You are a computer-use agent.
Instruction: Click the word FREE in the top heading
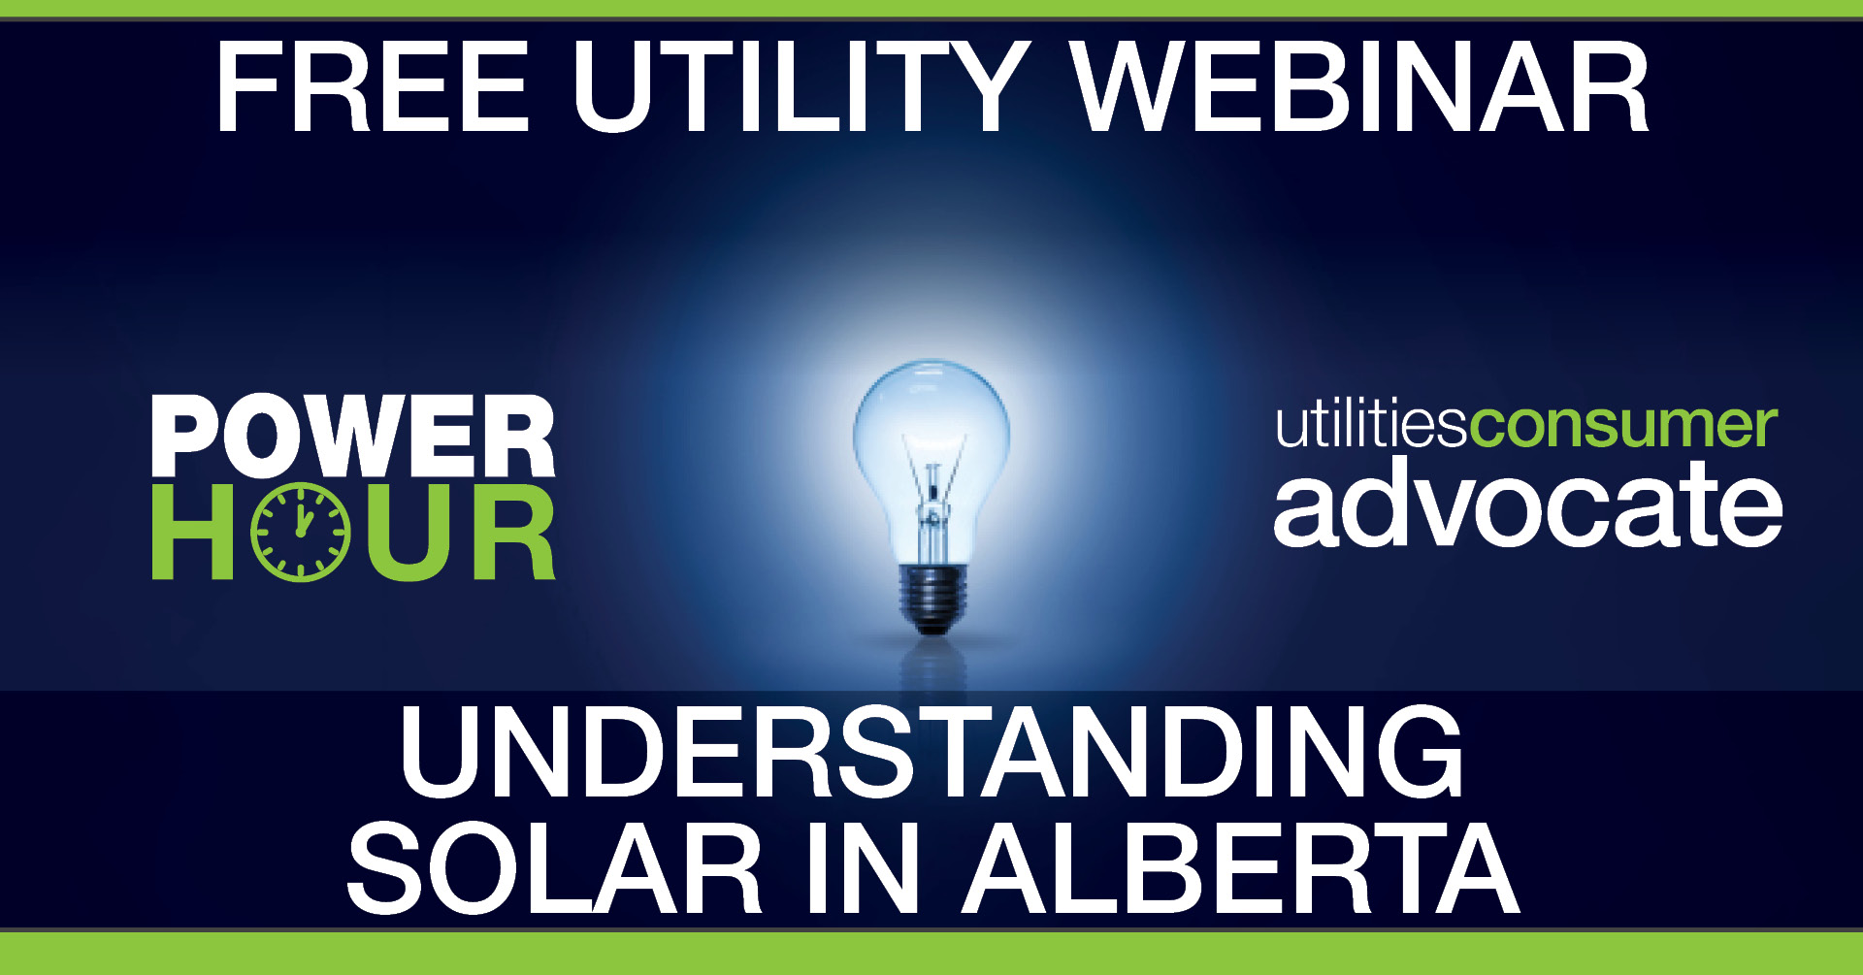(x=373, y=87)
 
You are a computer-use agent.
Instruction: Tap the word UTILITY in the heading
(x=801, y=87)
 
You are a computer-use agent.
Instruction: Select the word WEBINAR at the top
(x=1358, y=87)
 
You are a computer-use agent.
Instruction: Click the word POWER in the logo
(x=353, y=437)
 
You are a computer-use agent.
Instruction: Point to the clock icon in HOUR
(x=300, y=532)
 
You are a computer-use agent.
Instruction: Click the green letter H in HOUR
(x=193, y=532)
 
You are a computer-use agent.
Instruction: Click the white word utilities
(x=1371, y=427)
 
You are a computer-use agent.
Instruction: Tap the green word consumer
(x=1623, y=427)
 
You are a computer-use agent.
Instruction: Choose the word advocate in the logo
(x=1527, y=504)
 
